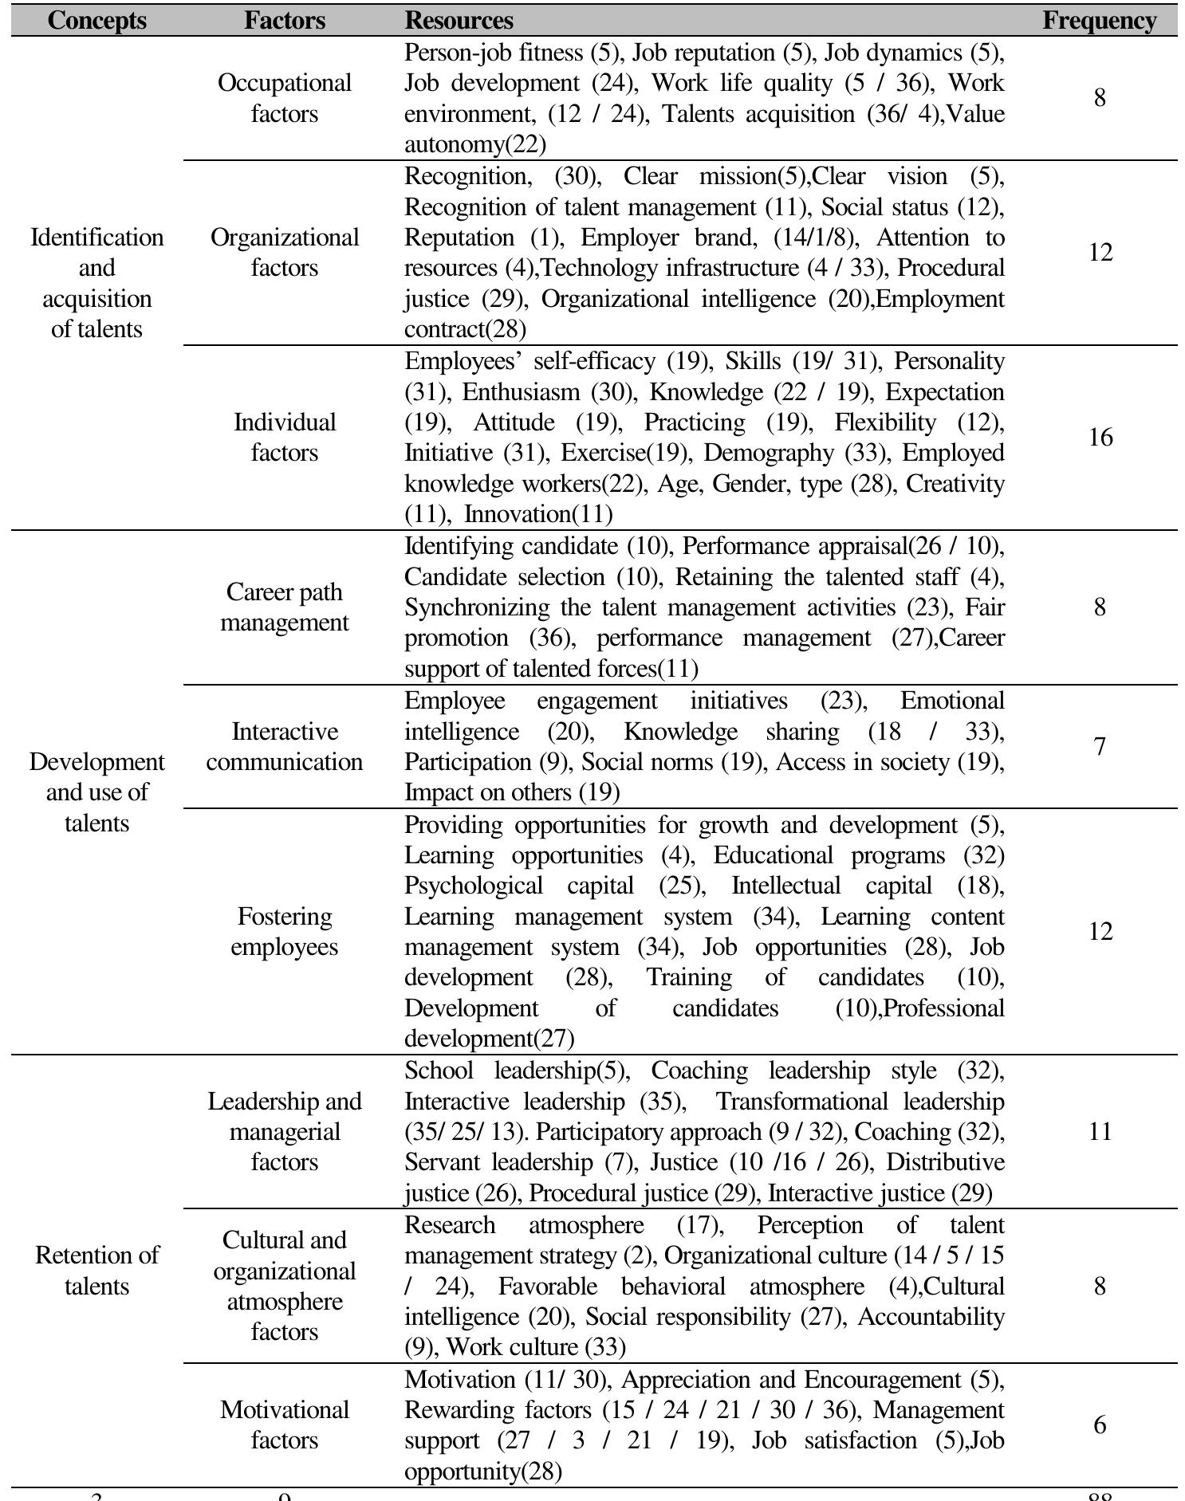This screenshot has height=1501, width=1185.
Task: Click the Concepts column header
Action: pos(96,20)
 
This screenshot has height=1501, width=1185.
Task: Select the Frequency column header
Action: pos(1099,20)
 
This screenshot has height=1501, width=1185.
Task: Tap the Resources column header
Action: pos(459,20)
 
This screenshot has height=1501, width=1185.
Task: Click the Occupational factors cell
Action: pos(284,98)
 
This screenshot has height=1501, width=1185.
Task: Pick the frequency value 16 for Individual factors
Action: pos(1100,437)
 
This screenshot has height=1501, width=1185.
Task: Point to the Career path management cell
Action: pos(284,607)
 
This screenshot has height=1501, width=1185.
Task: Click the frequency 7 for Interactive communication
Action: pos(1100,746)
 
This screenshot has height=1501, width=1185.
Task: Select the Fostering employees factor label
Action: pos(284,931)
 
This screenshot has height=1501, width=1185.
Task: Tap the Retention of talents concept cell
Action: pos(96,1270)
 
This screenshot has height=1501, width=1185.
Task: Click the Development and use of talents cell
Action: pos(96,792)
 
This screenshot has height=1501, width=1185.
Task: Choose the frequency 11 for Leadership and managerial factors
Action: pos(1100,1131)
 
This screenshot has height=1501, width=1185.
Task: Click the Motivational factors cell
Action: pos(284,1424)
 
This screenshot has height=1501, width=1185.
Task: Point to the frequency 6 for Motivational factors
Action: pos(1100,1424)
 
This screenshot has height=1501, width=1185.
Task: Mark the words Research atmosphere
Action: pos(523,1224)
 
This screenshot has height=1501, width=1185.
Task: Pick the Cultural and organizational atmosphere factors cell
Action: pos(284,1286)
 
